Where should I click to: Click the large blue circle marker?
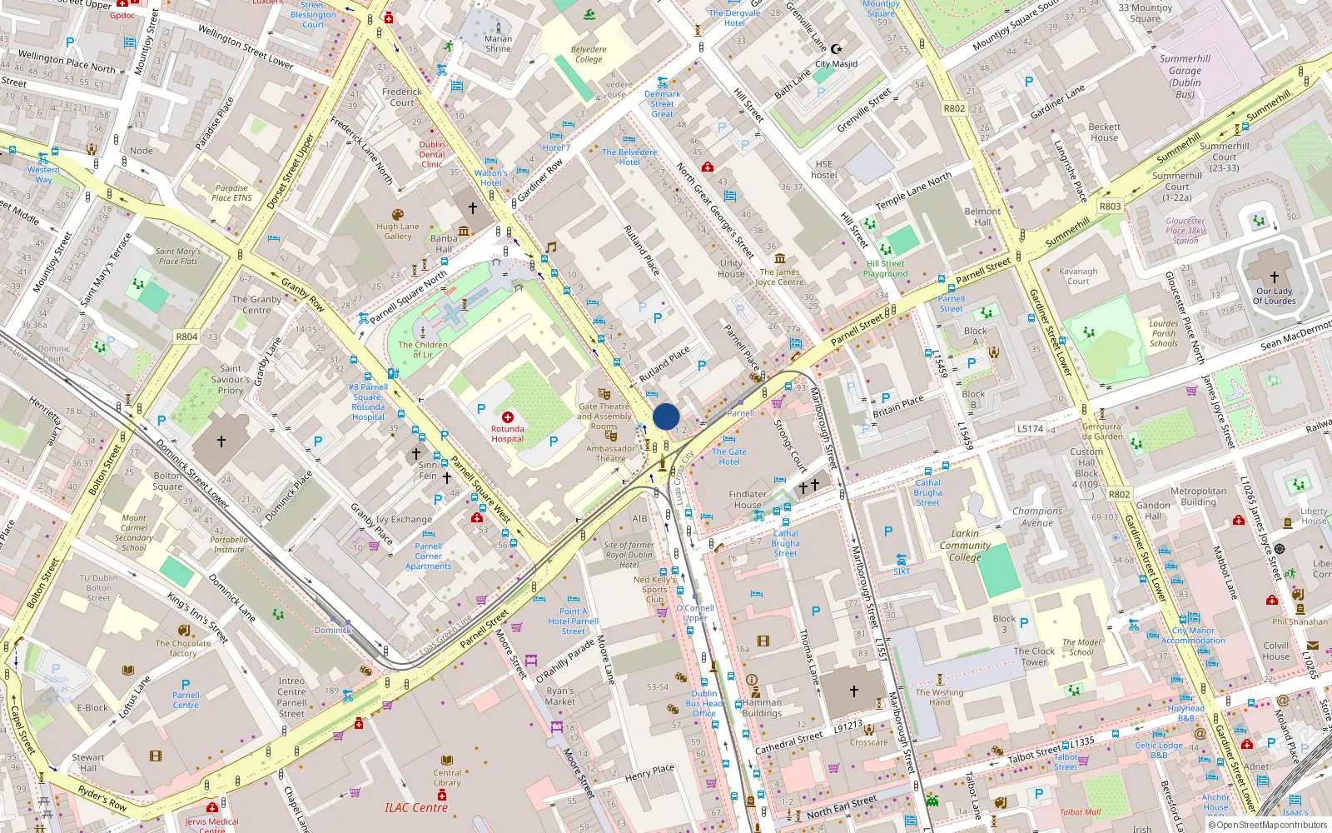666,416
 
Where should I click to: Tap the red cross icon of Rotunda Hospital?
507,416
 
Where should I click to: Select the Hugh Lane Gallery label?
398,231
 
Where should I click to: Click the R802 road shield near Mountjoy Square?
954,108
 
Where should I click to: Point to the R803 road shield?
1110,206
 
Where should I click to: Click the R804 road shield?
186,337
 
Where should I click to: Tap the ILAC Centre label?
416,807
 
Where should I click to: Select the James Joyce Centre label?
779,277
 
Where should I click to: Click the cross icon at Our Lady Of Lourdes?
1274,277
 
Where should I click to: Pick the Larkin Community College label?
965,546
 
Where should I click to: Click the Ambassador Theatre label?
610,453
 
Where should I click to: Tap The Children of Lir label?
423,349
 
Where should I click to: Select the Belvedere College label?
589,54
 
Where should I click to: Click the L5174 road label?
1030,428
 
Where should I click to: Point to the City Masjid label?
836,63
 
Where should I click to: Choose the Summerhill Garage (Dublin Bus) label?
1185,77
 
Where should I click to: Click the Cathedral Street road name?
788,743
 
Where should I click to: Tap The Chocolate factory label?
183,648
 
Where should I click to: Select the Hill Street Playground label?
885,268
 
